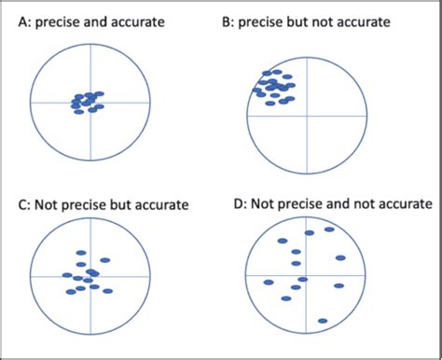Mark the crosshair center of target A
90,101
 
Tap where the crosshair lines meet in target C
90,276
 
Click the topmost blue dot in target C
81,252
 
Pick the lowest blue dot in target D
322,322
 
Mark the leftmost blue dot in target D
269,282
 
